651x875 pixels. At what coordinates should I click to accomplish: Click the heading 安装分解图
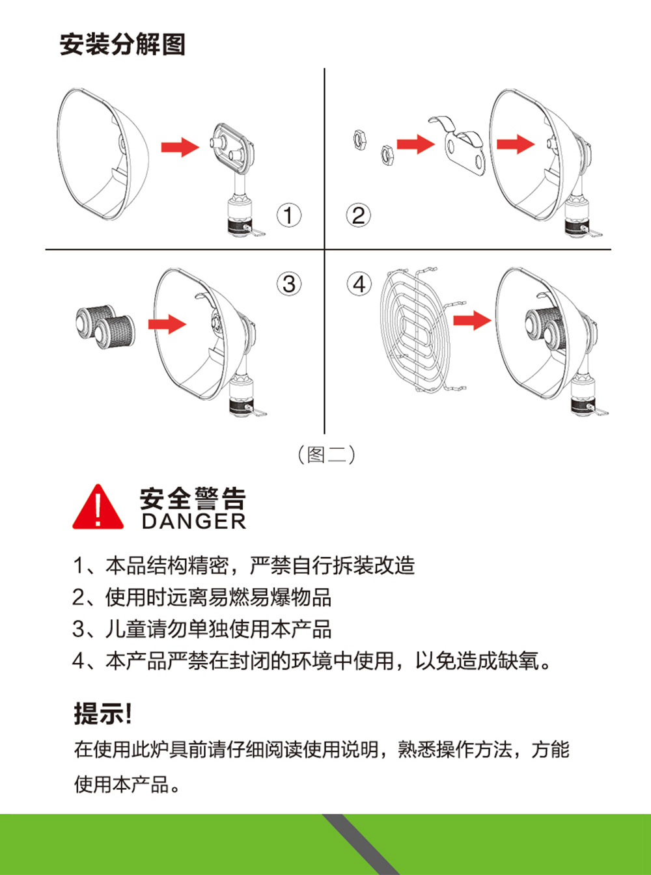[122, 44]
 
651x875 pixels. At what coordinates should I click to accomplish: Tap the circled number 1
[288, 215]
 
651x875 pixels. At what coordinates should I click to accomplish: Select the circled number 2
[359, 215]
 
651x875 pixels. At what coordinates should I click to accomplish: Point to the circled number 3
[289, 284]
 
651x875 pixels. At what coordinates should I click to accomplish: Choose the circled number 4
[359, 284]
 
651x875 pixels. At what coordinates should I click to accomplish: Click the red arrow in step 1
[180, 146]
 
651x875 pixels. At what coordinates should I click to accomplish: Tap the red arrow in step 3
[167, 324]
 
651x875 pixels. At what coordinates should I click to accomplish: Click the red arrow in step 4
[472, 320]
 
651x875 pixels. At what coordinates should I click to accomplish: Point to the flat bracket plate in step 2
[460, 148]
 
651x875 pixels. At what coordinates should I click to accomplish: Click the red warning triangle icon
[98, 507]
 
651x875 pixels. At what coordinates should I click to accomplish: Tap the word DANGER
[194, 521]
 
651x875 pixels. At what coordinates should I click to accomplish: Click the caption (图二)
[326, 455]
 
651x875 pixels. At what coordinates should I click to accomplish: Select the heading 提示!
[103, 714]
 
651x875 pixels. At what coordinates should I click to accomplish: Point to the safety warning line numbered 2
[202, 597]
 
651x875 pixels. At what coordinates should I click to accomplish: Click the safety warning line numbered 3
[202, 629]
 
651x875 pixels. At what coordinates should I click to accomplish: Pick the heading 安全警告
[193, 498]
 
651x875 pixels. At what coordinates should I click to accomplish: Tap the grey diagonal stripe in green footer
[360, 844]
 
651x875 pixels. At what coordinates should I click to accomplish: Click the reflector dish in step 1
[104, 154]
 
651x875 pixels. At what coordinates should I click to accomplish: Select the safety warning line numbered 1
[243, 565]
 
